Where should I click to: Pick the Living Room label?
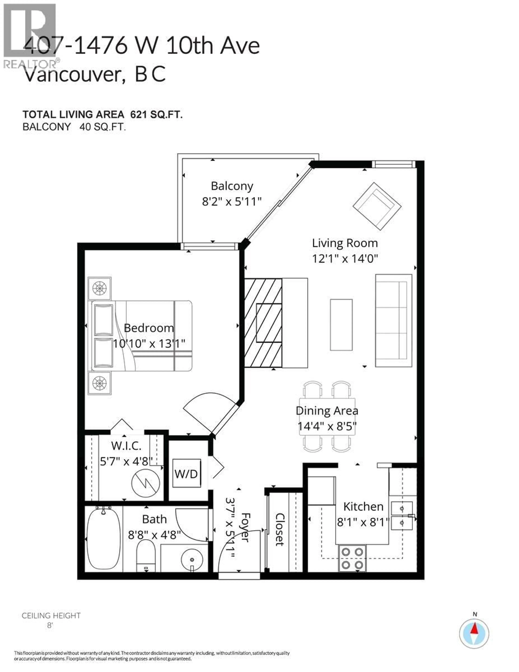click(345, 243)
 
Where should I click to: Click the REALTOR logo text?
click(30, 64)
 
